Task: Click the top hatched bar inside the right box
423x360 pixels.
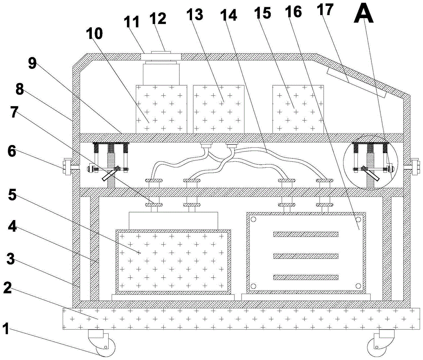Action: click(x=306, y=234)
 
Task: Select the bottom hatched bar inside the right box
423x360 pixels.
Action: click(x=306, y=277)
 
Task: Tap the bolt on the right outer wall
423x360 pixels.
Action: click(x=415, y=166)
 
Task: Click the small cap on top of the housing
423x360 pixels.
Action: click(x=160, y=53)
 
